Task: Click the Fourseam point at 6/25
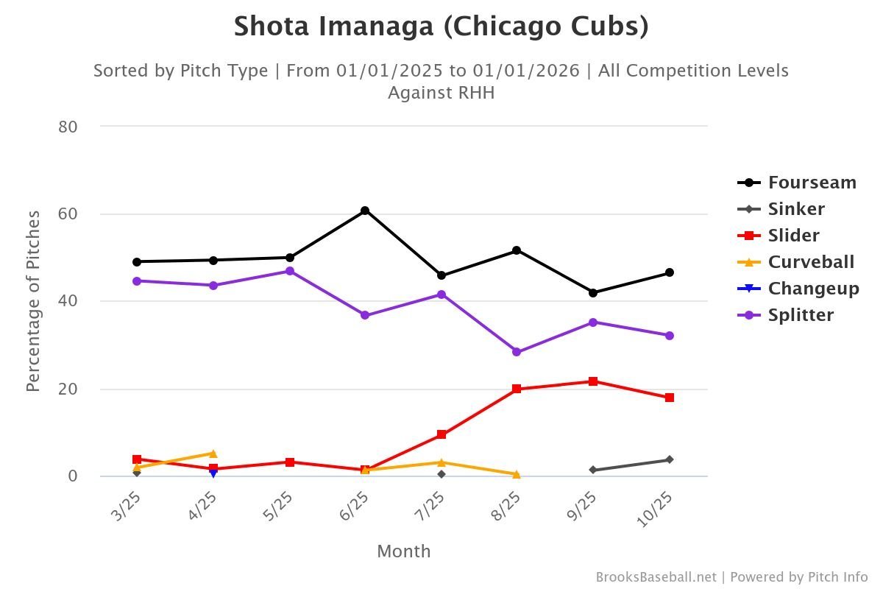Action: click(365, 211)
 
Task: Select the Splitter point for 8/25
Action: click(517, 352)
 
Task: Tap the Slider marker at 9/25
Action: click(593, 381)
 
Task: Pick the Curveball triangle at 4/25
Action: click(213, 454)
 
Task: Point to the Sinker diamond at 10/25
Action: click(670, 459)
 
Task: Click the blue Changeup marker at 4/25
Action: click(213, 473)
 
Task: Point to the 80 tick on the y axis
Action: click(68, 127)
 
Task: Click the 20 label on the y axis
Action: click(68, 389)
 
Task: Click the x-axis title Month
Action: click(404, 551)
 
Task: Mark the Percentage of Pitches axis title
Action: click(33, 300)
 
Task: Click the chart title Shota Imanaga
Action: click(441, 27)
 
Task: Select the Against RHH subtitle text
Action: click(441, 93)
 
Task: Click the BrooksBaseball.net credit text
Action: click(655, 577)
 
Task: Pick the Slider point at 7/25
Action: click(441, 434)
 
